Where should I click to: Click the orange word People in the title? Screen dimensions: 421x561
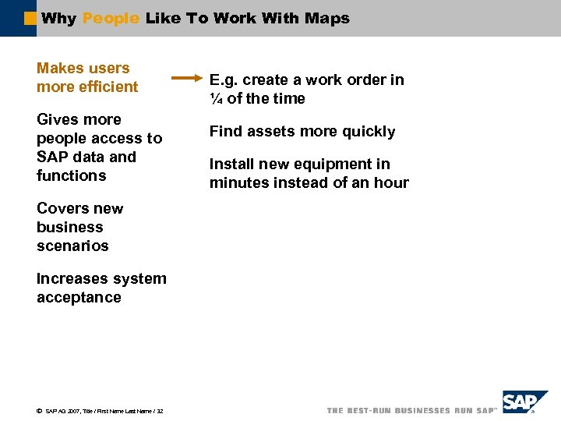pyautogui.click(x=111, y=18)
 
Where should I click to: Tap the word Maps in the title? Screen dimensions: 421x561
pyautogui.click(x=329, y=18)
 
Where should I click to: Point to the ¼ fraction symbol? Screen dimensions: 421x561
pyautogui.click(x=216, y=98)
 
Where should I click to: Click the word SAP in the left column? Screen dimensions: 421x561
pyautogui.click(x=51, y=157)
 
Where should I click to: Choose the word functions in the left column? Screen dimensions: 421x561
pyautogui.click(x=71, y=175)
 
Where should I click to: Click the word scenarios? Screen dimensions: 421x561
pyautogui.click(x=72, y=246)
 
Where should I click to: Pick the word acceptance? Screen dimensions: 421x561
pyautogui.click(x=79, y=297)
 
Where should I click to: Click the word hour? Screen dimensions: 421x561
pyautogui.click(x=392, y=182)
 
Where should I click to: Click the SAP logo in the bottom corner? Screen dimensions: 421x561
pyautogui.click(x=524, y=403)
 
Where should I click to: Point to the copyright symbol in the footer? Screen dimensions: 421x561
pyautogui.click(x=39, y=411)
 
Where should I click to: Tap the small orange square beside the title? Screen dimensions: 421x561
pyautogui.click(x=30, y=18)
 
